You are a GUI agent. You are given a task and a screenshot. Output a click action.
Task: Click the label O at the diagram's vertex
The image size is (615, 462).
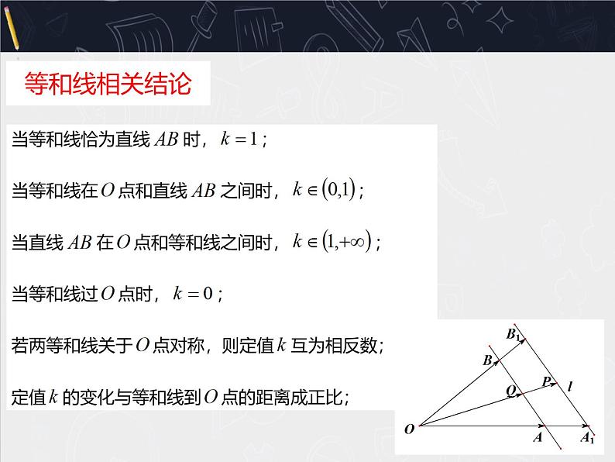407,428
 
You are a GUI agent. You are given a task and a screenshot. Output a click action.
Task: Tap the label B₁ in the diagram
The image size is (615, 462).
514,334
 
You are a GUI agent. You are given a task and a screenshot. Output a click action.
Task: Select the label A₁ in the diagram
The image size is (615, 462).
588,439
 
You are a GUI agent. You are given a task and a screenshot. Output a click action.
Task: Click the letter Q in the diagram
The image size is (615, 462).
512,392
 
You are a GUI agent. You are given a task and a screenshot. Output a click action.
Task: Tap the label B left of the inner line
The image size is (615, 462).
488,360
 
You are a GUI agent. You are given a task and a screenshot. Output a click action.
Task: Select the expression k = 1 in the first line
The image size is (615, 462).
242,140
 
